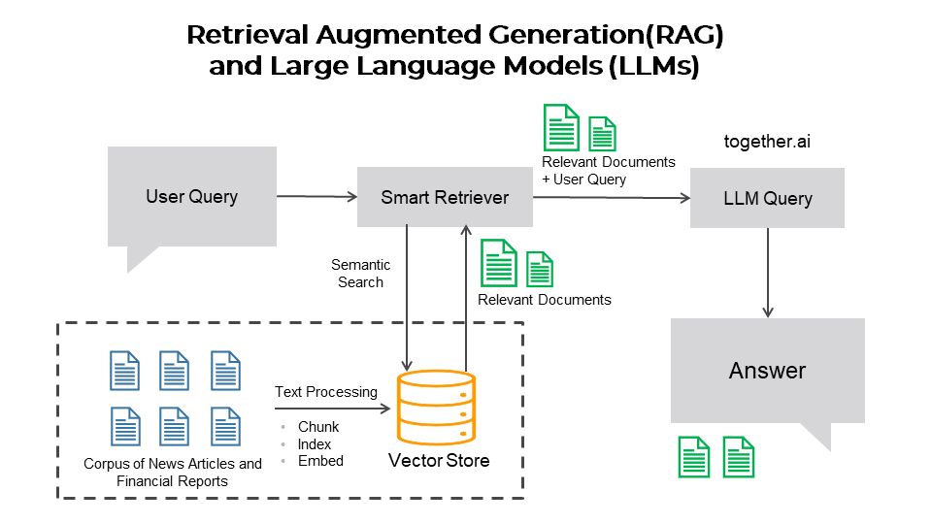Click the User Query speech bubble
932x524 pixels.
click(x=192, y=197)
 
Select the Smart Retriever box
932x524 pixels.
click(x=445, y=197)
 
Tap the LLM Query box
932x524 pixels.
click(x=767, y=198)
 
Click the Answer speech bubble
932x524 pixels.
click(x=767, y=371)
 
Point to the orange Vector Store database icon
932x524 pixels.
click(x=436, y=408)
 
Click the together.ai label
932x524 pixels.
click(x=767, y=142)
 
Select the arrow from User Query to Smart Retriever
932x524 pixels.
click(x=316, y=196)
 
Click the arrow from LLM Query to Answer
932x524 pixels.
click(x=768, y=273)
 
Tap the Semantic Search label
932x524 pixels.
click(x=361, y=274)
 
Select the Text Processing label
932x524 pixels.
click(x=326, y=392)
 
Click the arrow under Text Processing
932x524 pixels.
click(x=332, y=409)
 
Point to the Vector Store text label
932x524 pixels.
click(x=439, y=460)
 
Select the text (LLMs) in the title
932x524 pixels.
click(x=653, y=66)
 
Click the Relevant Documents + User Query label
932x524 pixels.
click(x=609, y=171)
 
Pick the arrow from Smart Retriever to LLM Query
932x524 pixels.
click(x=612, y=198)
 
